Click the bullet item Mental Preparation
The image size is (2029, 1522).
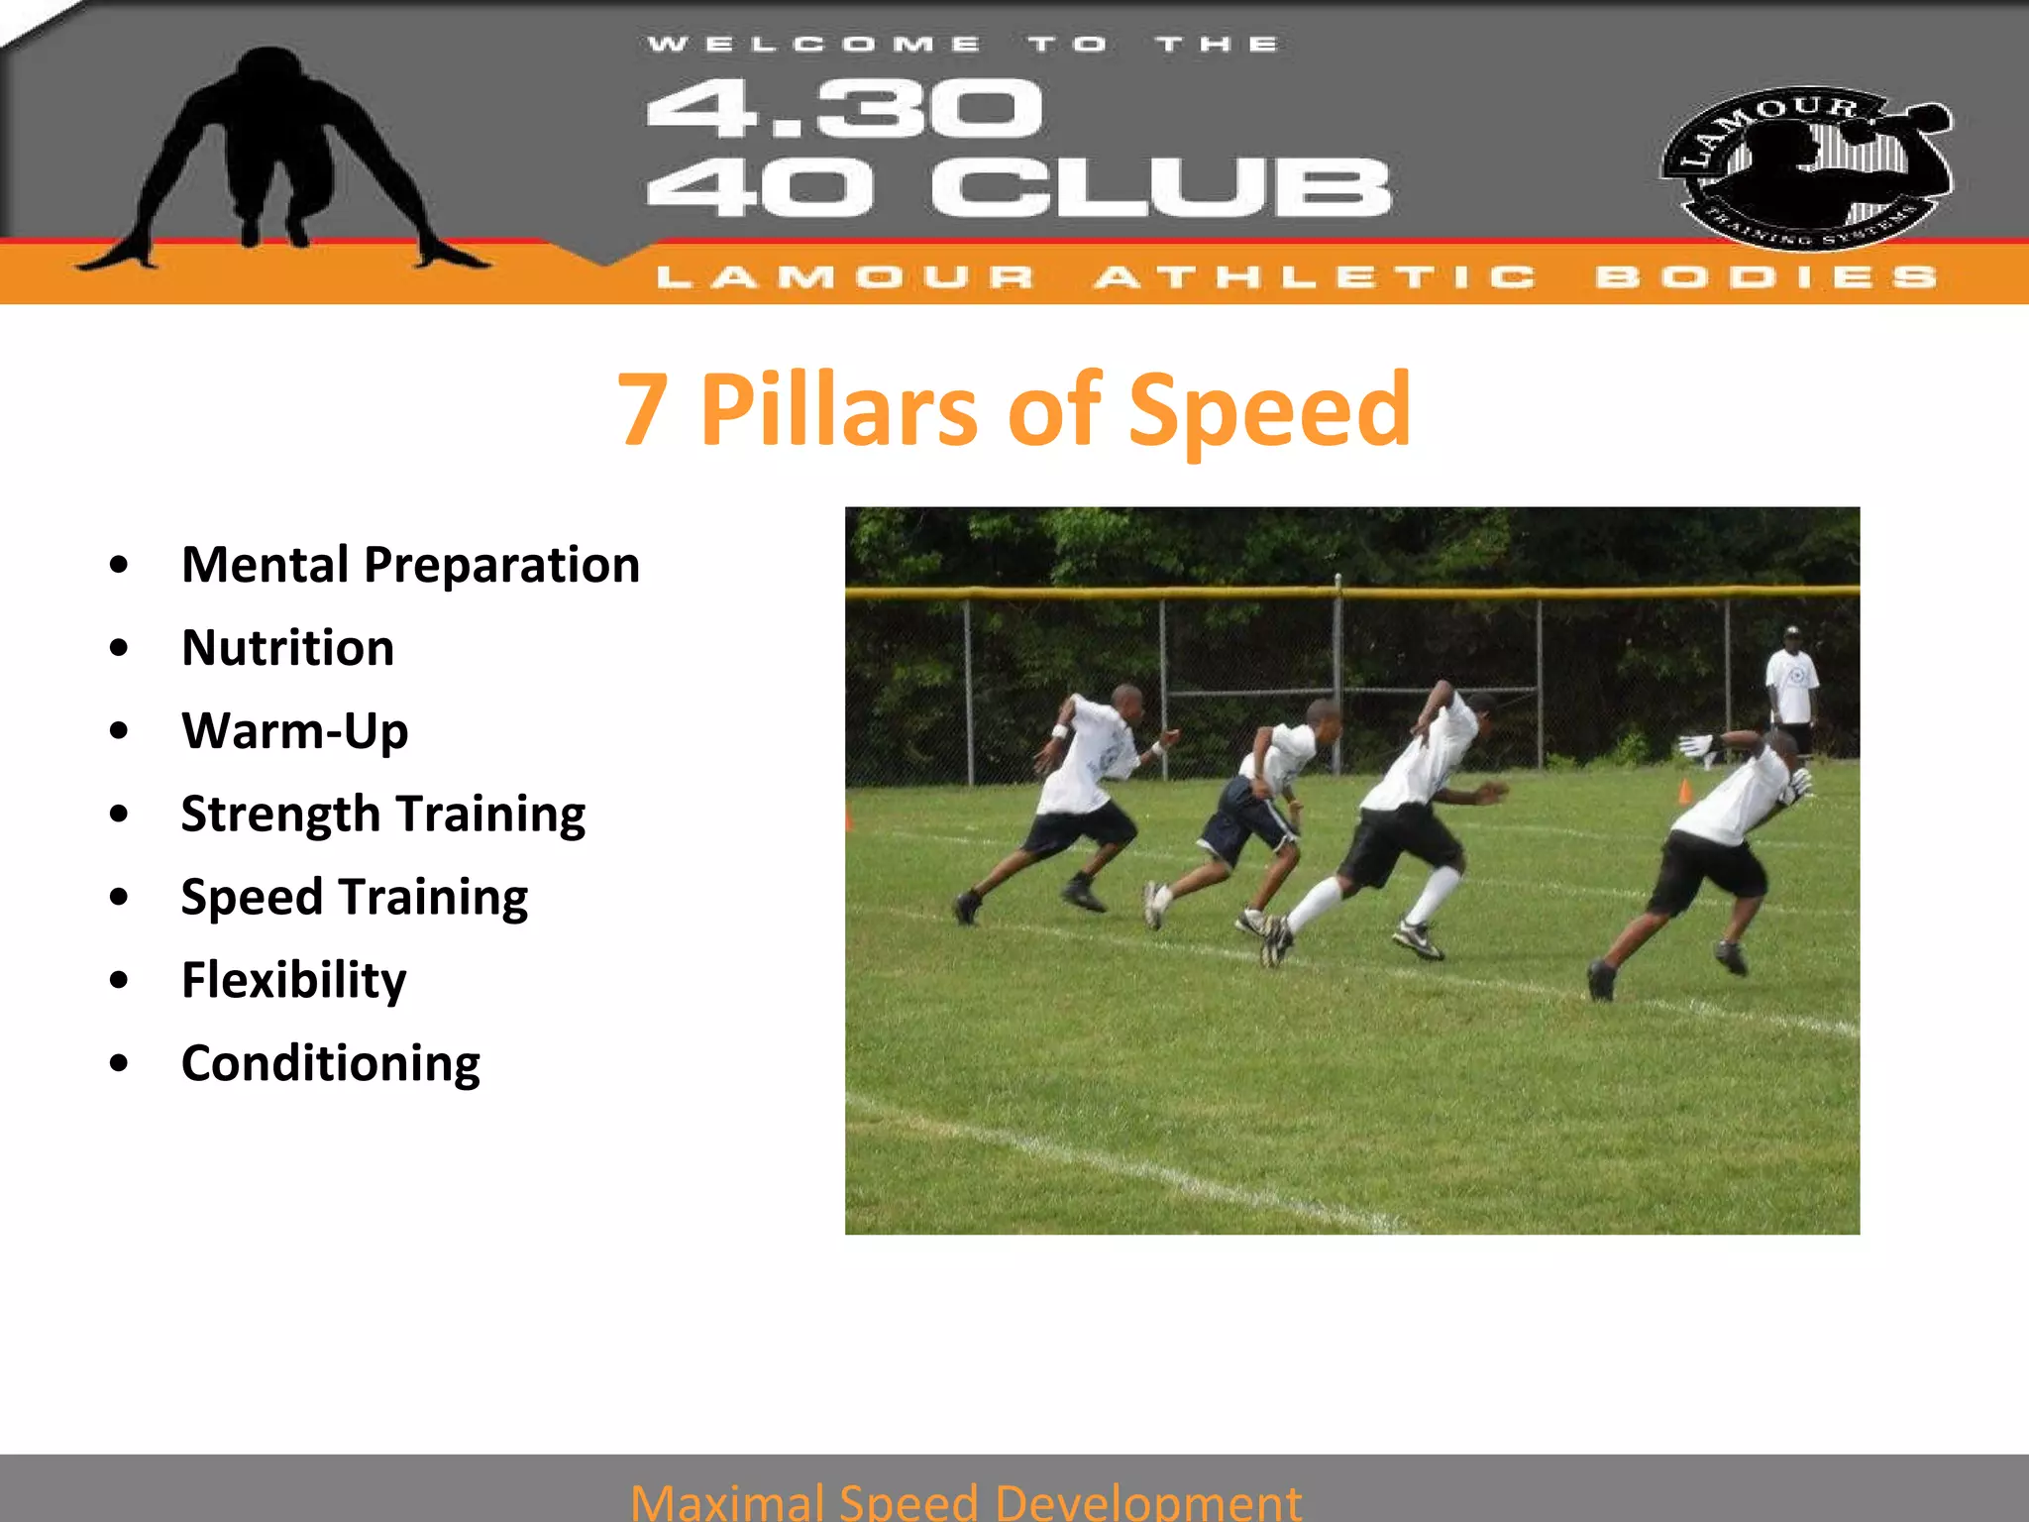point(410,565)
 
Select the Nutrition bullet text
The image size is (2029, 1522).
point(287,648)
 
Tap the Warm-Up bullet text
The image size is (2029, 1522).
point(294,731)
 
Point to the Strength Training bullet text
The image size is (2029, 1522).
point(382,815)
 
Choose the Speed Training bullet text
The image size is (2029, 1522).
point(354,898)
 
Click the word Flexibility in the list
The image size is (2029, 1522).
point(293,980)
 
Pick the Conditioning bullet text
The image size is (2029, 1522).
point(330,1063)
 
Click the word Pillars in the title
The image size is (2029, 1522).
point(838,409)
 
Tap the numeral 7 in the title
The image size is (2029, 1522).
point(642,409)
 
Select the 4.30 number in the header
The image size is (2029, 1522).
point(844,109)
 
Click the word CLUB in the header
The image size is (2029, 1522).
point(1161,188)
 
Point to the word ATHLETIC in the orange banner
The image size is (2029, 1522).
point(1316,276)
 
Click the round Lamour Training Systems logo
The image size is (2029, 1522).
point(1805,166)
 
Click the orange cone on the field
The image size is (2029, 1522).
point(1684,791)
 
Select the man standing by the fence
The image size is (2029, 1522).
point(1791,689)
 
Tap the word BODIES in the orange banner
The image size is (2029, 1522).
point(1765,276)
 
